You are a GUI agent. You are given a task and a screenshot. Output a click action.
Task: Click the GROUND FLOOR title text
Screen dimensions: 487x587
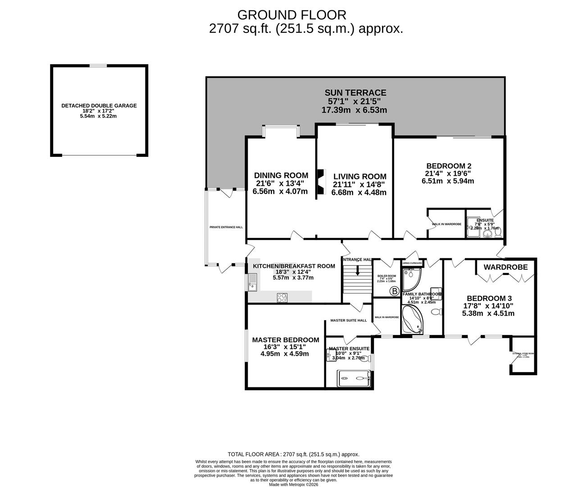[x=291, y=15]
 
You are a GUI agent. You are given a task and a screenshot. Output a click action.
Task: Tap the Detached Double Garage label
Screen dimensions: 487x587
[x=99, y=106]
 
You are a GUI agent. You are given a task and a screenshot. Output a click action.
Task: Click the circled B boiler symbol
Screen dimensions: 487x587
[x=394, y=291]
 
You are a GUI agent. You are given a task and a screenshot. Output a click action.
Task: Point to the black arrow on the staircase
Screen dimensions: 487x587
[x=357, y=271]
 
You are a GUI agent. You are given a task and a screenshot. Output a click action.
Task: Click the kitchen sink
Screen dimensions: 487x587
[x=251, y=283]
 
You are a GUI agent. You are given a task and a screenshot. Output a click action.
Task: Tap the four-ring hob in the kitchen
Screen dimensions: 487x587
[x=282, y=298]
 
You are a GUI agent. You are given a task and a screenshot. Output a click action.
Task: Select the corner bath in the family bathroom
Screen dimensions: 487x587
[x=412, y=320]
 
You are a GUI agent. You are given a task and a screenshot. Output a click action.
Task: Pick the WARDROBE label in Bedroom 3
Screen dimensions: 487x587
[x=505, y=267]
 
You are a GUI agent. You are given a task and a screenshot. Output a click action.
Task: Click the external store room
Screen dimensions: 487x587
[x=523, y=362]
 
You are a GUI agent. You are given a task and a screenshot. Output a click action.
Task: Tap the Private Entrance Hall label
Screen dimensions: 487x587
[x=226, y=227]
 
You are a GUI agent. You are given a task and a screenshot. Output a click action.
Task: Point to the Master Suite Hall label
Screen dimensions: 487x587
[x=348, y=321]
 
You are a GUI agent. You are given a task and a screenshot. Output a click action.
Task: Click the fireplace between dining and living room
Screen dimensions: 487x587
[x=320, y=182]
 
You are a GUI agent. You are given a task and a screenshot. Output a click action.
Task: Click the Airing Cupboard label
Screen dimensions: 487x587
[x=412, y=263]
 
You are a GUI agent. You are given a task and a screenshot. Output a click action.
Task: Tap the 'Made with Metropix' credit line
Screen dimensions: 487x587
[x=293, y=485]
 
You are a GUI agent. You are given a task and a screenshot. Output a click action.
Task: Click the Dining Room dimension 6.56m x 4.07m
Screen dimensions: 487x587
[x=281, y=191]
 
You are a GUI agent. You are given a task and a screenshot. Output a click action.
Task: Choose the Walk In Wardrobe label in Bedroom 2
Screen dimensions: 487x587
[x=446, y=224]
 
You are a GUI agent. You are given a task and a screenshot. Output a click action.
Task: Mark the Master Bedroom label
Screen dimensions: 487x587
[x=285, y=340]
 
